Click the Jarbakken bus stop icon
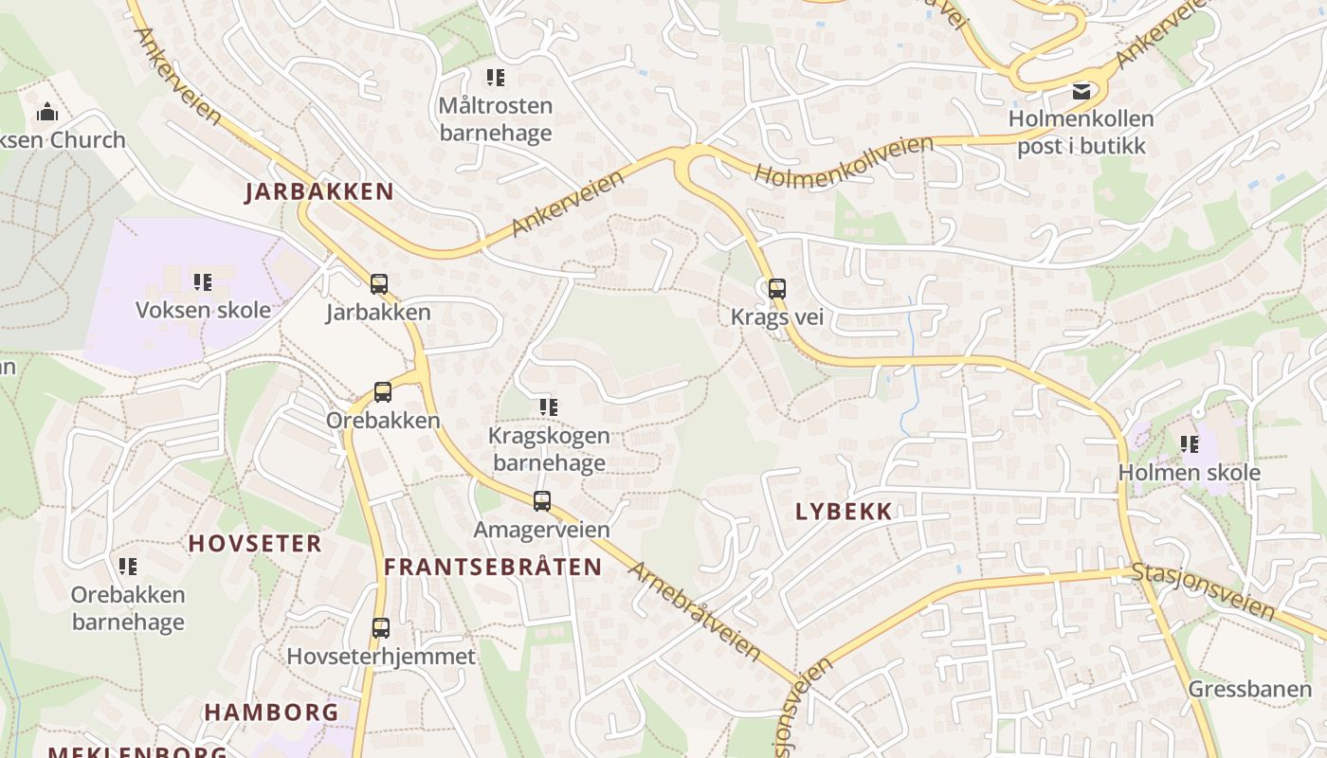pos(378,283)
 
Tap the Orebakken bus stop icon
pos(383,391)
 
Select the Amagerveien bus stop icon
pos(542,501)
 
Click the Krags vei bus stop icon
pos(777,289)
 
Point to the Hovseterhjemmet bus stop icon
pos(381,627)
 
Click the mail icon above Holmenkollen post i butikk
pos(1081,92)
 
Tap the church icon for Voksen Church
pos(47,113)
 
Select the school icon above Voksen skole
pos(203,281)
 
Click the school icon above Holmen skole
pos(1190,443)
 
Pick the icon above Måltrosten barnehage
pos(496,77)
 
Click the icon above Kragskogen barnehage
pos(549,407)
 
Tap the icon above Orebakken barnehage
pos(128,567)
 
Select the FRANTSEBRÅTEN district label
pos(493,568)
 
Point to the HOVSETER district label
pos(255,544)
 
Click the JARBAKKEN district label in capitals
pos(319,191)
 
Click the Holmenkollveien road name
pos(844,161)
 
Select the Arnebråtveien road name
pos(696,611)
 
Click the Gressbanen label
pos(1249,689)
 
